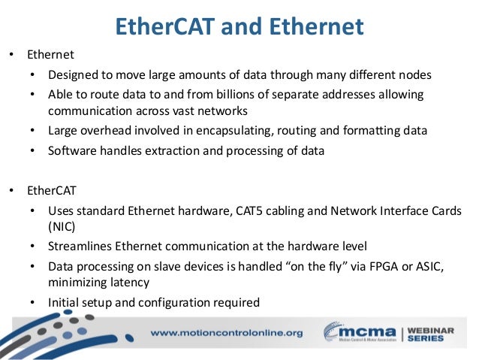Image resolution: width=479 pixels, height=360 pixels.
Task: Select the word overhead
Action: click(109, 130)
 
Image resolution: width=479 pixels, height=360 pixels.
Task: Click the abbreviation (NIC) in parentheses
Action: click(62, 225)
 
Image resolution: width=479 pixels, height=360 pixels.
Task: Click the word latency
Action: click(134, 282)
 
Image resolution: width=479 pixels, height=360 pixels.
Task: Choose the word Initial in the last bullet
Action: click(65, 303)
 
